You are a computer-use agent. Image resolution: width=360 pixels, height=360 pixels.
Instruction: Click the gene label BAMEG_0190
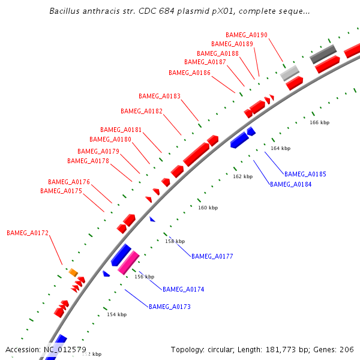(247, 35)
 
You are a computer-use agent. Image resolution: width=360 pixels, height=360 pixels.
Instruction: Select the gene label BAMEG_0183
(160, 96)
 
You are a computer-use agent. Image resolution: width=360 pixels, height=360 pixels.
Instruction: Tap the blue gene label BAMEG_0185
(305, 174)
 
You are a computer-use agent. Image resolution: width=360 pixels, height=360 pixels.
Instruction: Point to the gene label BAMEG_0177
(212, 256)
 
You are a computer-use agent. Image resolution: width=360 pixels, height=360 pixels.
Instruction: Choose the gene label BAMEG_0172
(28, 232)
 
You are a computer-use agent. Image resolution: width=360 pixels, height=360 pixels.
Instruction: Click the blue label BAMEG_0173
(170, 307)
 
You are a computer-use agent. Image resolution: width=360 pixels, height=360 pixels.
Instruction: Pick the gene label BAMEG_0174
(184, 289)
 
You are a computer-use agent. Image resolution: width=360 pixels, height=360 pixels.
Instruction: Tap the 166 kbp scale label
(320, 122)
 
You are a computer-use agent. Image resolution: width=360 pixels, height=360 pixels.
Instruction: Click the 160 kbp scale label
(208, 208)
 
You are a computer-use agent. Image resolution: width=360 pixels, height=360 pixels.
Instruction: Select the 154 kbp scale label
(116, 314)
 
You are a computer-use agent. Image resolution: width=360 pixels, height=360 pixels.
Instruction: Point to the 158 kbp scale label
(175, 241)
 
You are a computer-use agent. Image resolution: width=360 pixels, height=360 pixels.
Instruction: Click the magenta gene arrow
(129, 262)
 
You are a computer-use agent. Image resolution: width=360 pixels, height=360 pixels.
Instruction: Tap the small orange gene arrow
(73, 273)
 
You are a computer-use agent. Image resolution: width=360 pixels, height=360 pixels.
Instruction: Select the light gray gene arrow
(290, 73)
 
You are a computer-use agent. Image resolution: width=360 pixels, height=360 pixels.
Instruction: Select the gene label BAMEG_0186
(190, 73)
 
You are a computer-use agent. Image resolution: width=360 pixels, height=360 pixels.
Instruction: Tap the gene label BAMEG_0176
(69, 182)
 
